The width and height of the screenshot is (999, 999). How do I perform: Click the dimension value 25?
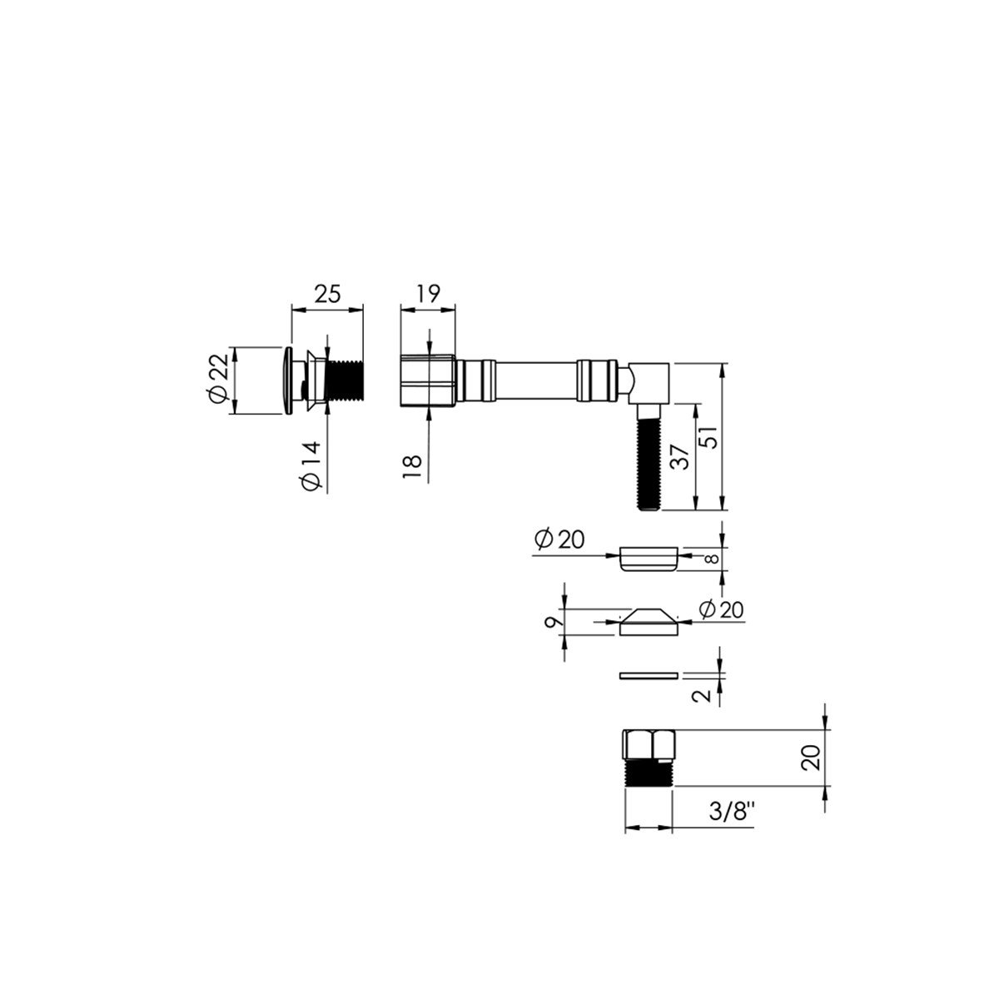tap(327, 294)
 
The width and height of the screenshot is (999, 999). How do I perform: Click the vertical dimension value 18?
tap(413, 468)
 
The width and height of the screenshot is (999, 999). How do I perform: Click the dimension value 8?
tap(713, 559)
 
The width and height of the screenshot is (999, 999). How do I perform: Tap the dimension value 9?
tap(553, 622)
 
